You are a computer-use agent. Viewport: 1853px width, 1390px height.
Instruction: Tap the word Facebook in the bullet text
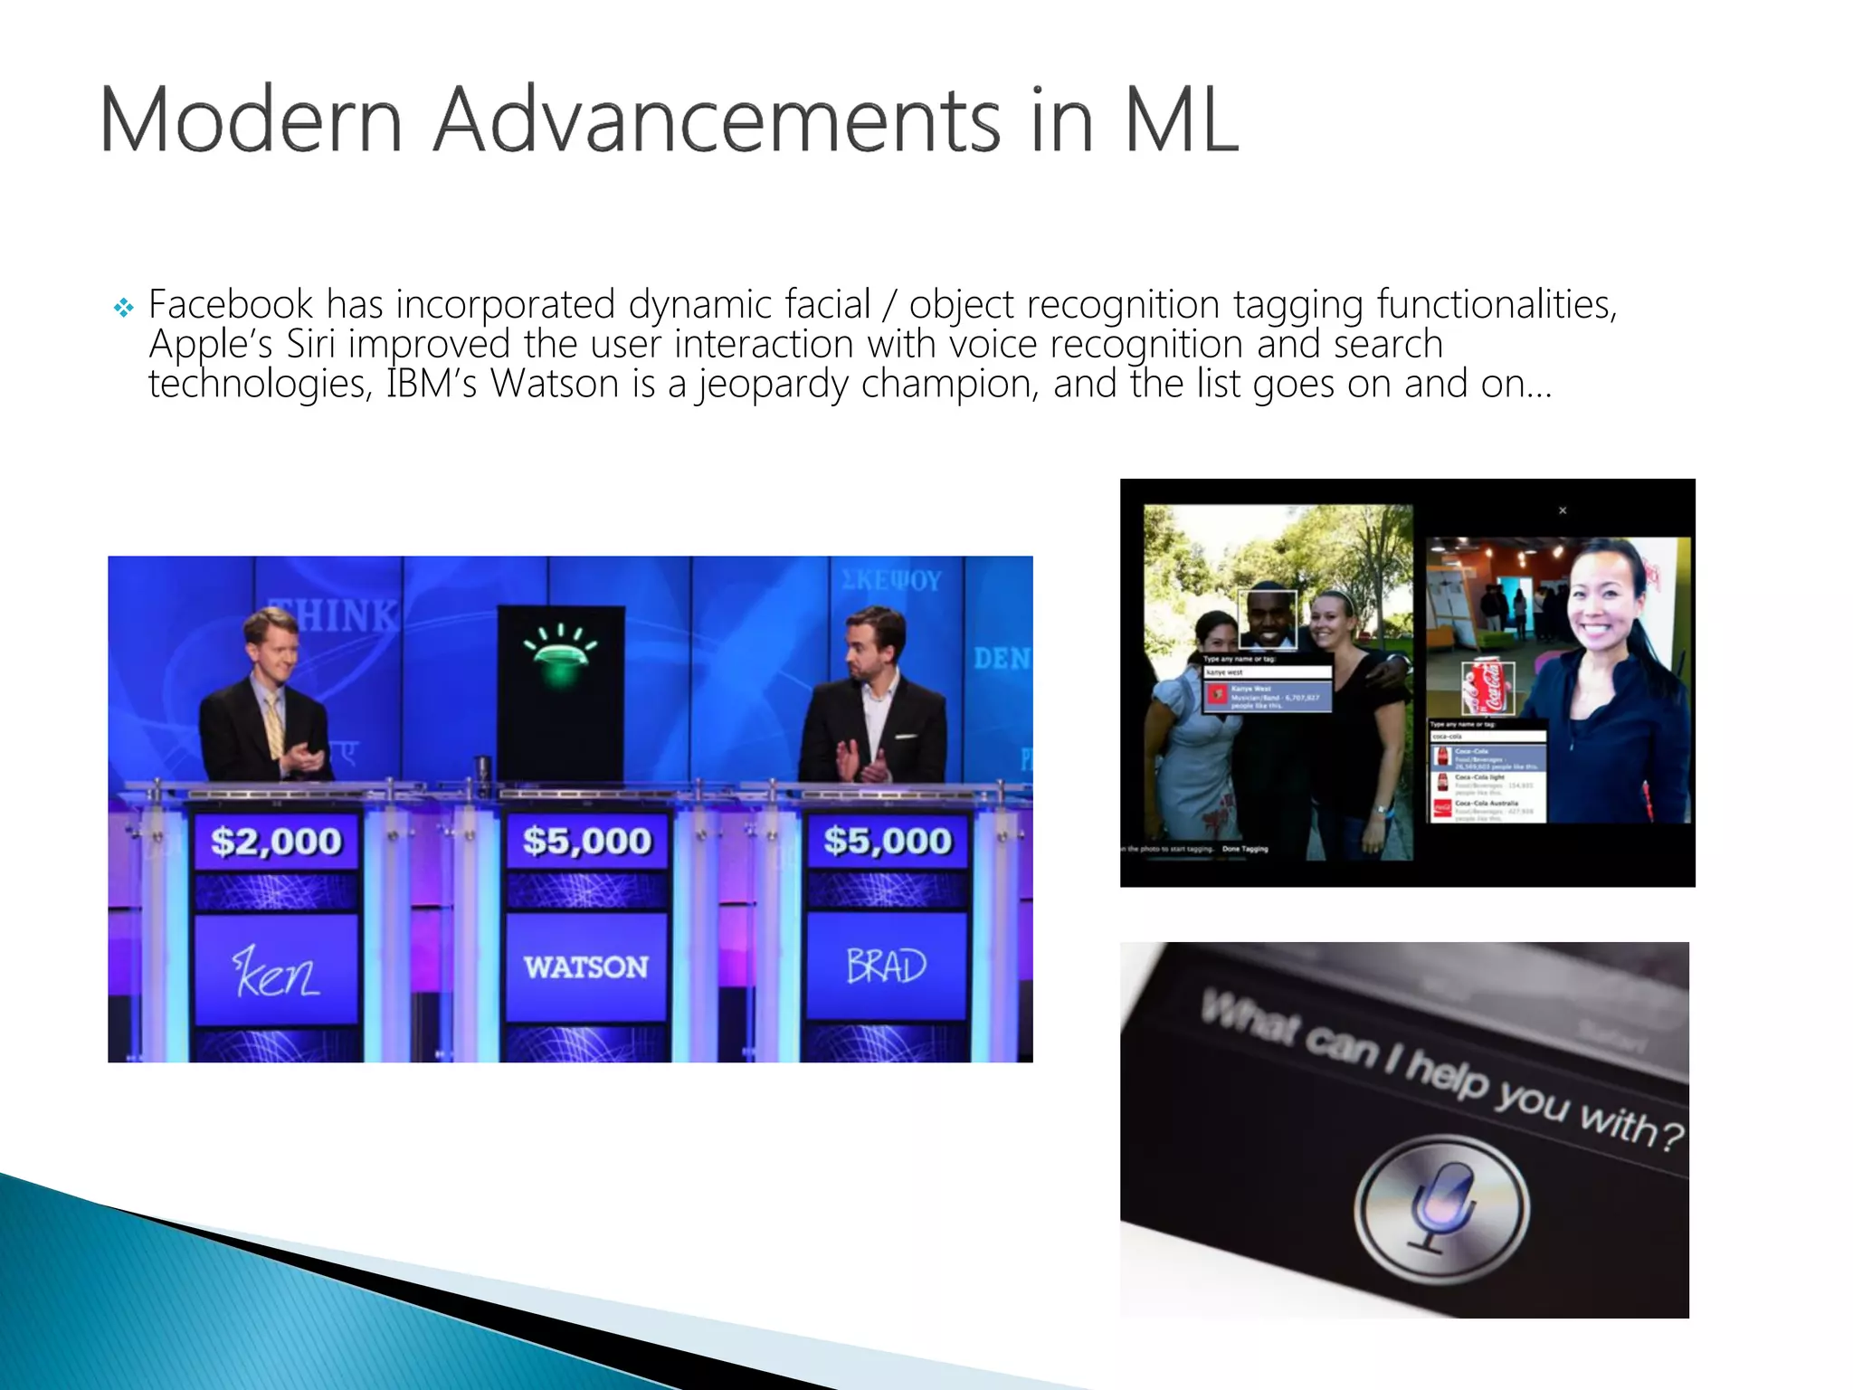pyautogui.click(x=231, y=304)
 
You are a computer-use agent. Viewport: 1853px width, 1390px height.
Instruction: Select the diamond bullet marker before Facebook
pyautogui.click(x=124, y=309)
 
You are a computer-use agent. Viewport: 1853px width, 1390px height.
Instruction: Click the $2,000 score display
pyautogui.click(x=277, y=842)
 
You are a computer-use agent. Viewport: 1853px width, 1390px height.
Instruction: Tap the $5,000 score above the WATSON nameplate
pyautogui.click(x=587, y=842)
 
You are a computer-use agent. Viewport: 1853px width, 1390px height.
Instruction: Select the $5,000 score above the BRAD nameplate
pyautogui.click(x=888, y=842)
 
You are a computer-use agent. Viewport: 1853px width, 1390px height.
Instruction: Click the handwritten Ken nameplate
pyautogui.click(x=276, y=971)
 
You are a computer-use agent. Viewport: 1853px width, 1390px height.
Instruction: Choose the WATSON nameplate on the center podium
pyautogui.click(x=586, y=967)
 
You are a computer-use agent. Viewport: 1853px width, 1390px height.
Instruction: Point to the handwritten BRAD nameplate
pyautogui.click(x=887, y=966)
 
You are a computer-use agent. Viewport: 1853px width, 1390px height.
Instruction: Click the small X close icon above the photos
pyautogui.click(x=1563, y=511)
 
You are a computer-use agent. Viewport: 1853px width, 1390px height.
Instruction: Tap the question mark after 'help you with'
pyautogui.click(x=1672, y=1136)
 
